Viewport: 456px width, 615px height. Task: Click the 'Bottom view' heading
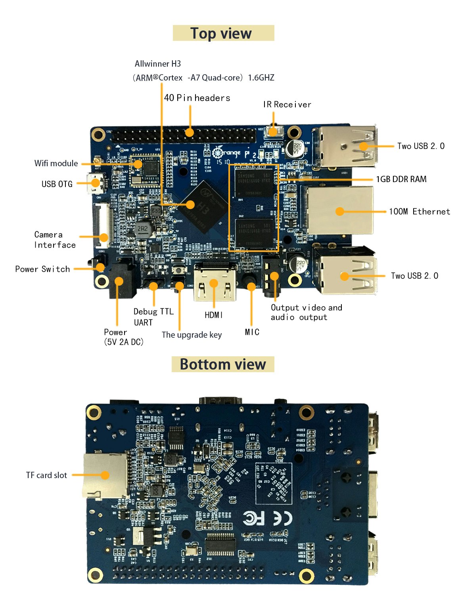pyautogui.click(x=223, y=364)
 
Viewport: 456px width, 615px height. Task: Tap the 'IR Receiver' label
pyautogui.click(x=287, y=104)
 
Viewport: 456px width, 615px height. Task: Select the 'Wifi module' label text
pyautogui.click(x=56, y=163)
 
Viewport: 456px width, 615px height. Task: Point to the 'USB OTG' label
pyautogui.click(x=57, y=184)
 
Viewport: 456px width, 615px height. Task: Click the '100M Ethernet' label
pyautogui.click(x=419, y=211)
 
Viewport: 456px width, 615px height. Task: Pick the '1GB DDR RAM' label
pyautogui.click(x=401, y=179)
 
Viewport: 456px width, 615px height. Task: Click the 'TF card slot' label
pyautogui.click(x=46, y=475)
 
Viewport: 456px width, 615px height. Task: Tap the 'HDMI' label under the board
pyautogui.click(x=214, y=315)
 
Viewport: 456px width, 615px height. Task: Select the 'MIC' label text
pyautogui.click(x=252, y=332)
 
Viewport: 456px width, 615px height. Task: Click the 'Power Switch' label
pyautogui.click(x=42, y=269)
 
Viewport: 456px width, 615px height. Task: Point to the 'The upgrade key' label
pyautogui.click(x=192, y=335)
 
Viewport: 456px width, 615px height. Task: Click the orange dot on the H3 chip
pyautogui.click(x=191, y=204)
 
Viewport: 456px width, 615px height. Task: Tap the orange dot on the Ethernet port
pyautogui.click(x=340, y=211)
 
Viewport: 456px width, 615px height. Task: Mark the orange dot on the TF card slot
pyautogui.click(x=105, y=475)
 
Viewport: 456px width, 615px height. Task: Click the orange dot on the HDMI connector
pyautogui.click(x=214, y=283)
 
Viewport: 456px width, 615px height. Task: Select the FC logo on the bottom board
pyautogui.click(x=254, y=518)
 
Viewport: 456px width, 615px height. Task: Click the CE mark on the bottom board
pyautogui.click(x=283, y=518)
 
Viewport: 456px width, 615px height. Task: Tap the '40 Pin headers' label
pyautogui.click(x=197, y=98)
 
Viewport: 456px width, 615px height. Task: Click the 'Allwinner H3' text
pyautogui.click(x=158, y=64)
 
